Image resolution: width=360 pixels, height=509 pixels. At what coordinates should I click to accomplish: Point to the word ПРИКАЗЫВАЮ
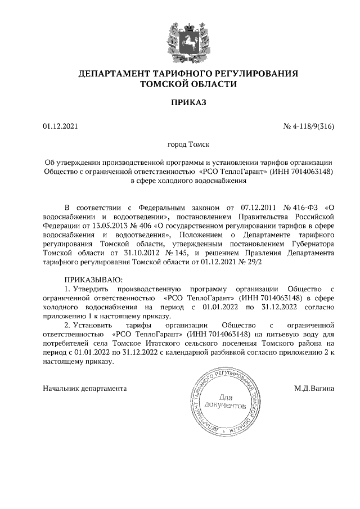[93, 279]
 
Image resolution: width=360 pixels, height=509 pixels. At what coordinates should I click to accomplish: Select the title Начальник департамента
[85, 388]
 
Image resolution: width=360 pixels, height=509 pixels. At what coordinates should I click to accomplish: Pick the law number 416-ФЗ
[306, 206]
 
